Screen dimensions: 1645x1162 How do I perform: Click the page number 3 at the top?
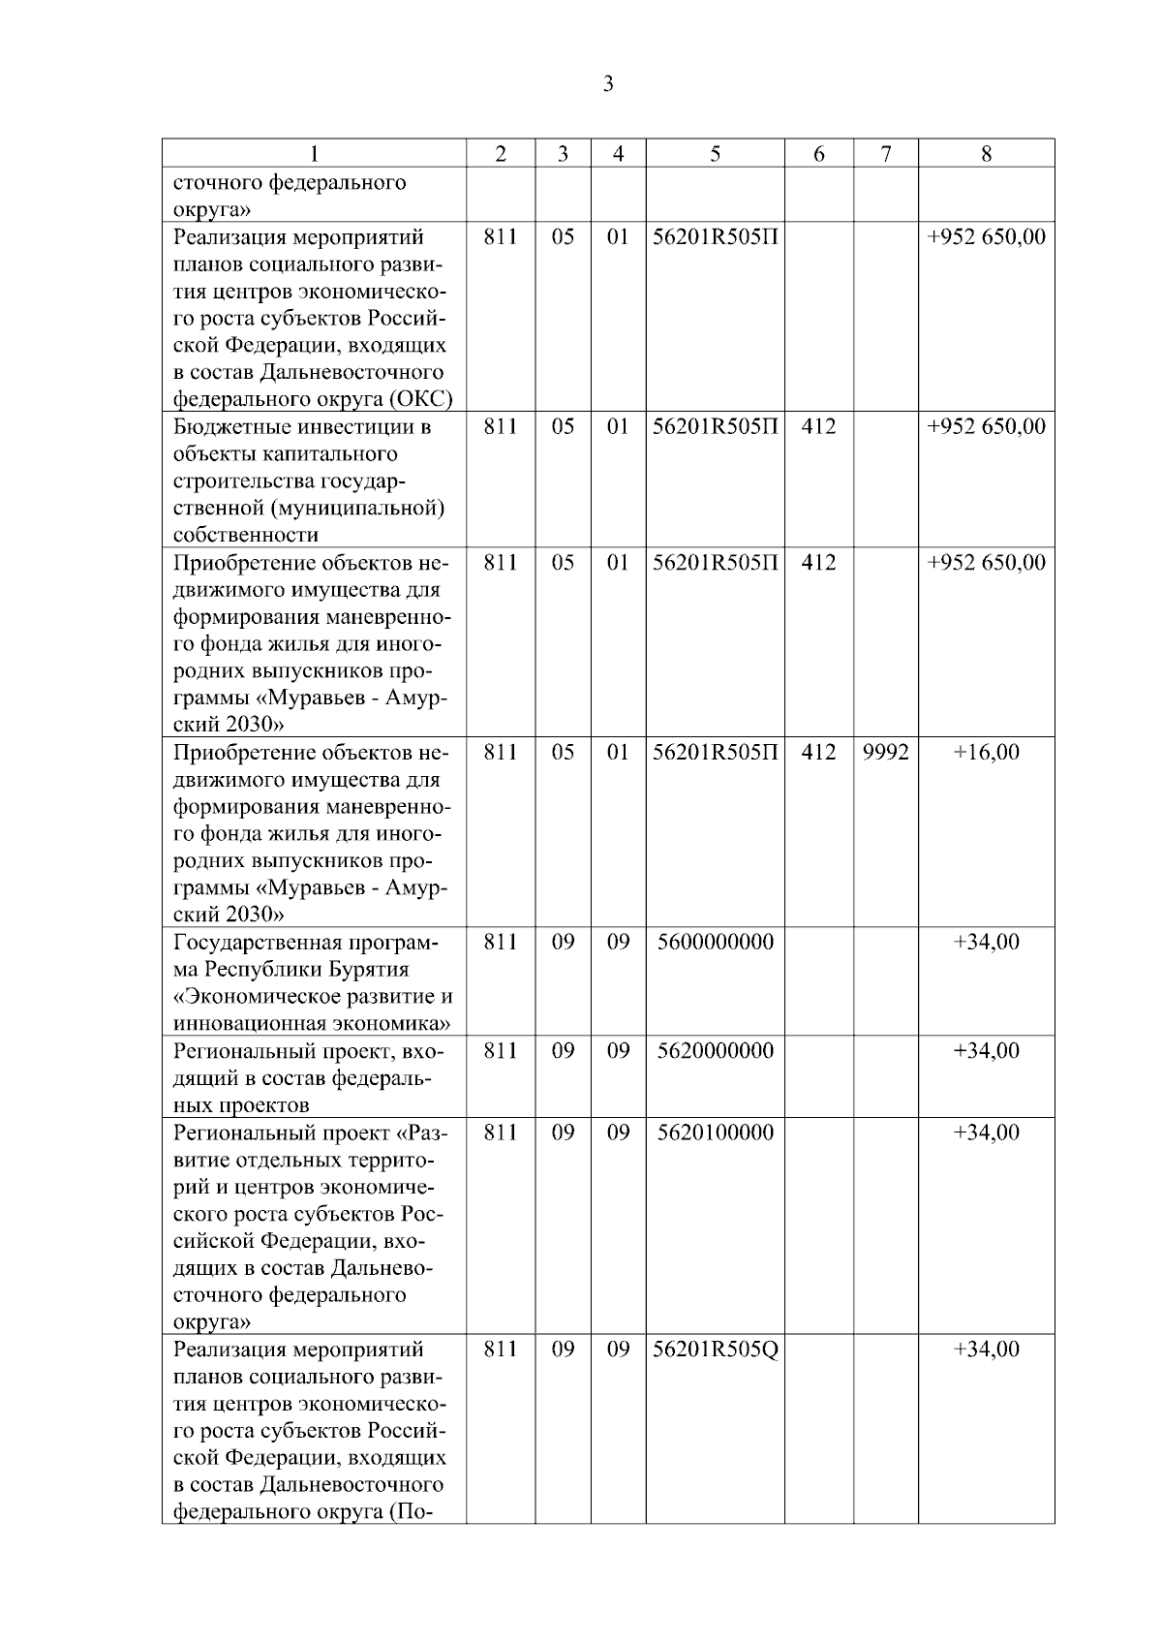coord(608,84)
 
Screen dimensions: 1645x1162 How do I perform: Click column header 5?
coord(715,153)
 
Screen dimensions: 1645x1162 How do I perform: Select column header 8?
coord(986,153)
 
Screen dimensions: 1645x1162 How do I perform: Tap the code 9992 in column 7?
coord(885,752)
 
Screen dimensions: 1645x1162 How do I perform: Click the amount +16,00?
coord(986,752)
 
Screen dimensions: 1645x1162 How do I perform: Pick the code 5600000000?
coord(715,942)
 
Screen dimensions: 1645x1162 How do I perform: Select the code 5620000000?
coord(715,1050)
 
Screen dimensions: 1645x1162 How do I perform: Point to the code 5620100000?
coord(715,1132)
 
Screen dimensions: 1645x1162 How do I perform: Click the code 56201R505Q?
coord(715,1349)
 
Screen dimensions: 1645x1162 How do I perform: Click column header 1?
coord(314,153)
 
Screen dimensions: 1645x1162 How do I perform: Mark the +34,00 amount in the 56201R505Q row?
coord(986,1349)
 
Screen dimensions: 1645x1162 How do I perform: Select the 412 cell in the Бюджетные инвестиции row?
coord(818,426)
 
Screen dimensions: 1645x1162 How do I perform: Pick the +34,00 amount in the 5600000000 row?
coord(986,942)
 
